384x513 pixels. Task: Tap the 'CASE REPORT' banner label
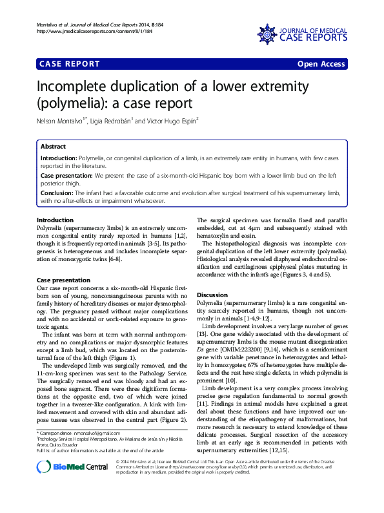[70, 64]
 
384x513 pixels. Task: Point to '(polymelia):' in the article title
[72, 102]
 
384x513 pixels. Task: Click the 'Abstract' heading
[53, 147]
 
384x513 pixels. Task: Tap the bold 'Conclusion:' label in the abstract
[57, 193]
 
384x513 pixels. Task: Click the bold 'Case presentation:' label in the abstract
[66, 175]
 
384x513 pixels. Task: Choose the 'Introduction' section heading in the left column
[55, 220]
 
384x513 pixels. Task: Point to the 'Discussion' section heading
[212, 294]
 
